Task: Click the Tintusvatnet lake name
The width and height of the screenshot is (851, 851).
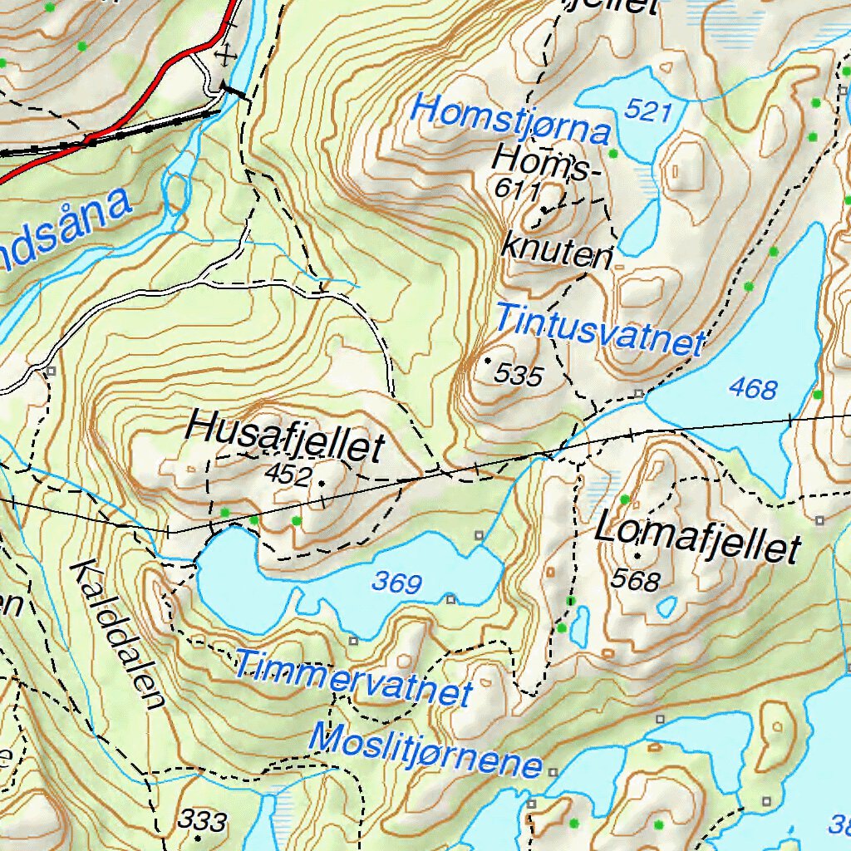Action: pos(601,329)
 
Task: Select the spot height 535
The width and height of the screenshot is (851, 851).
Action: pos(518,376)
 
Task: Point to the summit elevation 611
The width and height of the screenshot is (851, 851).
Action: pos(516,189)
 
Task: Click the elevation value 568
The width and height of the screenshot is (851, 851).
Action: pos(636,579)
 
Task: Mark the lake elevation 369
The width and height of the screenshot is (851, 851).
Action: pos(397,583)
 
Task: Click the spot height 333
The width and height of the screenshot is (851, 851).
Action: pos(203,821)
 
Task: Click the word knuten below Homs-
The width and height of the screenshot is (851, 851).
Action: pos(556,251)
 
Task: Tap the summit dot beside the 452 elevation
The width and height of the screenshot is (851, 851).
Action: pos(321,483)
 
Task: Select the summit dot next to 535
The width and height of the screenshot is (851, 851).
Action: pos(487,361)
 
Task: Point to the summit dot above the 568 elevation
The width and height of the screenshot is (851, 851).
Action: pos(637,555)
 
